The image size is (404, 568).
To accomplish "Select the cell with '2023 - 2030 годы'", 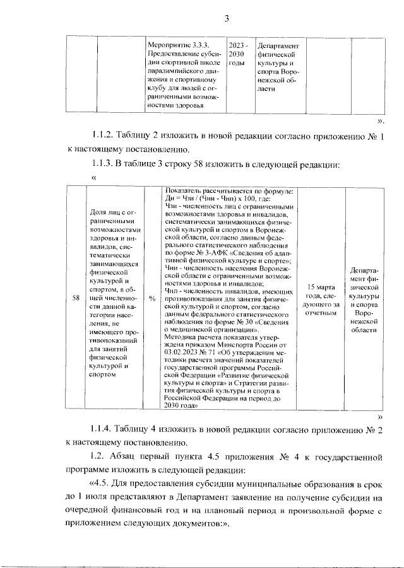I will point(238,55).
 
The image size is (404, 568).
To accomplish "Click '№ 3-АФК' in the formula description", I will point(208,252).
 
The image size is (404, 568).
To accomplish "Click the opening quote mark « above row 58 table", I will point(93,178).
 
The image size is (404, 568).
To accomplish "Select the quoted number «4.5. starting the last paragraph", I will point(105,484).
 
